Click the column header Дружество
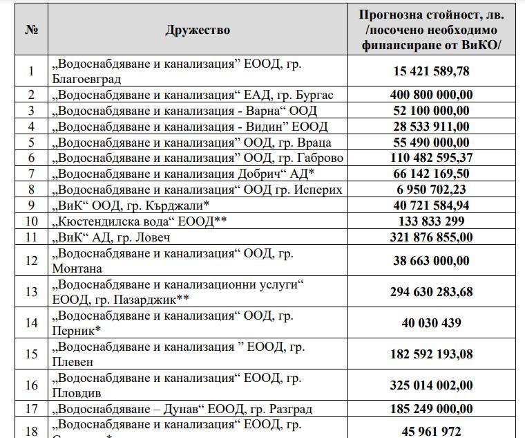(198, 30)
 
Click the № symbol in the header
(31, 30)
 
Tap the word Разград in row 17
(295, 409)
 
